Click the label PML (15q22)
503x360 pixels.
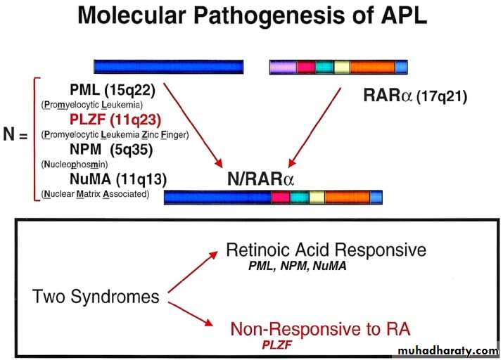(113, 90)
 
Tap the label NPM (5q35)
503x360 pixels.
(110, 149)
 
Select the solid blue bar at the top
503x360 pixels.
(169, 67)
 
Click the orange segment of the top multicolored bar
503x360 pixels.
(372, 67)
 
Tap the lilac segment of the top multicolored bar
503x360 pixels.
(284, 67)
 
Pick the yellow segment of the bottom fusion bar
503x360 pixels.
(317, 197)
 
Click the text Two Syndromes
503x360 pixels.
(96, 296)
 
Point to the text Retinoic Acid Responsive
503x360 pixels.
(326, 250)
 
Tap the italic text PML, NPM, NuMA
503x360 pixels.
(297, 266)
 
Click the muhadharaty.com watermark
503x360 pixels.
(447, 350)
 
